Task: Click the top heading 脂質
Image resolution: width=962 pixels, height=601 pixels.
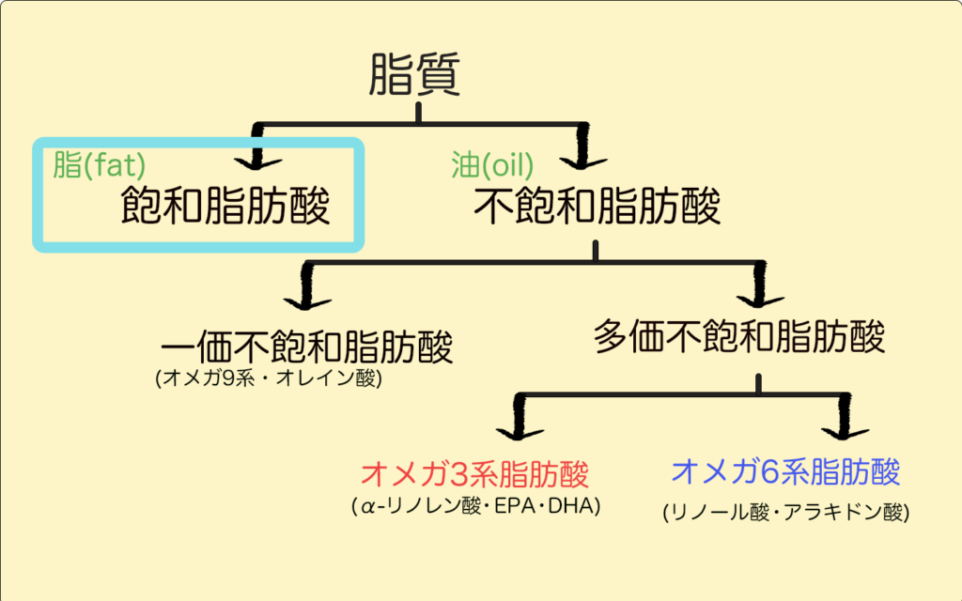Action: click(414, 74)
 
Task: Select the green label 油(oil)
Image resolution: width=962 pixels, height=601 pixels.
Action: click(492, 166)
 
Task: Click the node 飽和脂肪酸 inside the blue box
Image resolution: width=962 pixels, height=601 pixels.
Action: click(226, 208)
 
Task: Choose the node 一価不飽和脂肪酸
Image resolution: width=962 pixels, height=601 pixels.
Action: click(307, 347)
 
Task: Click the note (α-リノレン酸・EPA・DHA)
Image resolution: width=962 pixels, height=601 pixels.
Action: click(477, 507)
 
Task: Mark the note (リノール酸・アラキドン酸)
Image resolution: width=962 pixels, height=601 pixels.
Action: click(785, 512)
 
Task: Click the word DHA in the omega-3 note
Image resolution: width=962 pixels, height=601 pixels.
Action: click(580, 507)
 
